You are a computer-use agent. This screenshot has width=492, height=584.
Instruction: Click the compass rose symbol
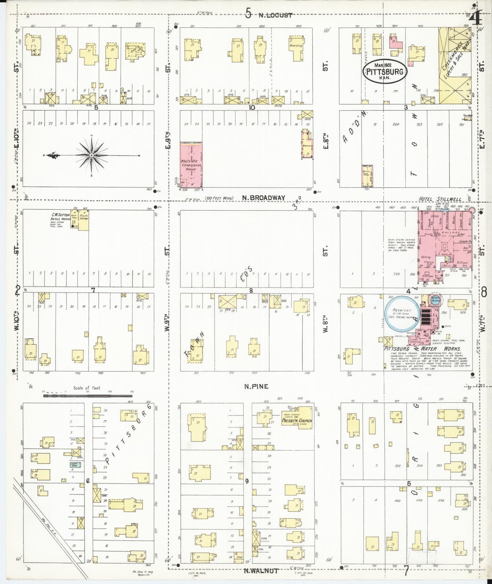click(92, 155)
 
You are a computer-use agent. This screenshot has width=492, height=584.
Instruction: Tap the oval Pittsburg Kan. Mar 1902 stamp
click(385, 72)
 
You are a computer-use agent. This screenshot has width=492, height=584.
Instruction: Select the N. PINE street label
click(256, 386)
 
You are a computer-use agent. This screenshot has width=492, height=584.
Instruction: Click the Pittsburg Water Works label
click(422, 349)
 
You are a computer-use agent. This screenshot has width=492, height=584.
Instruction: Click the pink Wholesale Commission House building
click(191, 165)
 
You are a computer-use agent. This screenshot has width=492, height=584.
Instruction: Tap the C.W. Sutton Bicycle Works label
click(60, 218)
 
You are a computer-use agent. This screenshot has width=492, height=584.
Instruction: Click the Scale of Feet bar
click(87, 396)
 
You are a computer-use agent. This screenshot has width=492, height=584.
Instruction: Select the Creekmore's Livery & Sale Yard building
click(455, 65)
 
